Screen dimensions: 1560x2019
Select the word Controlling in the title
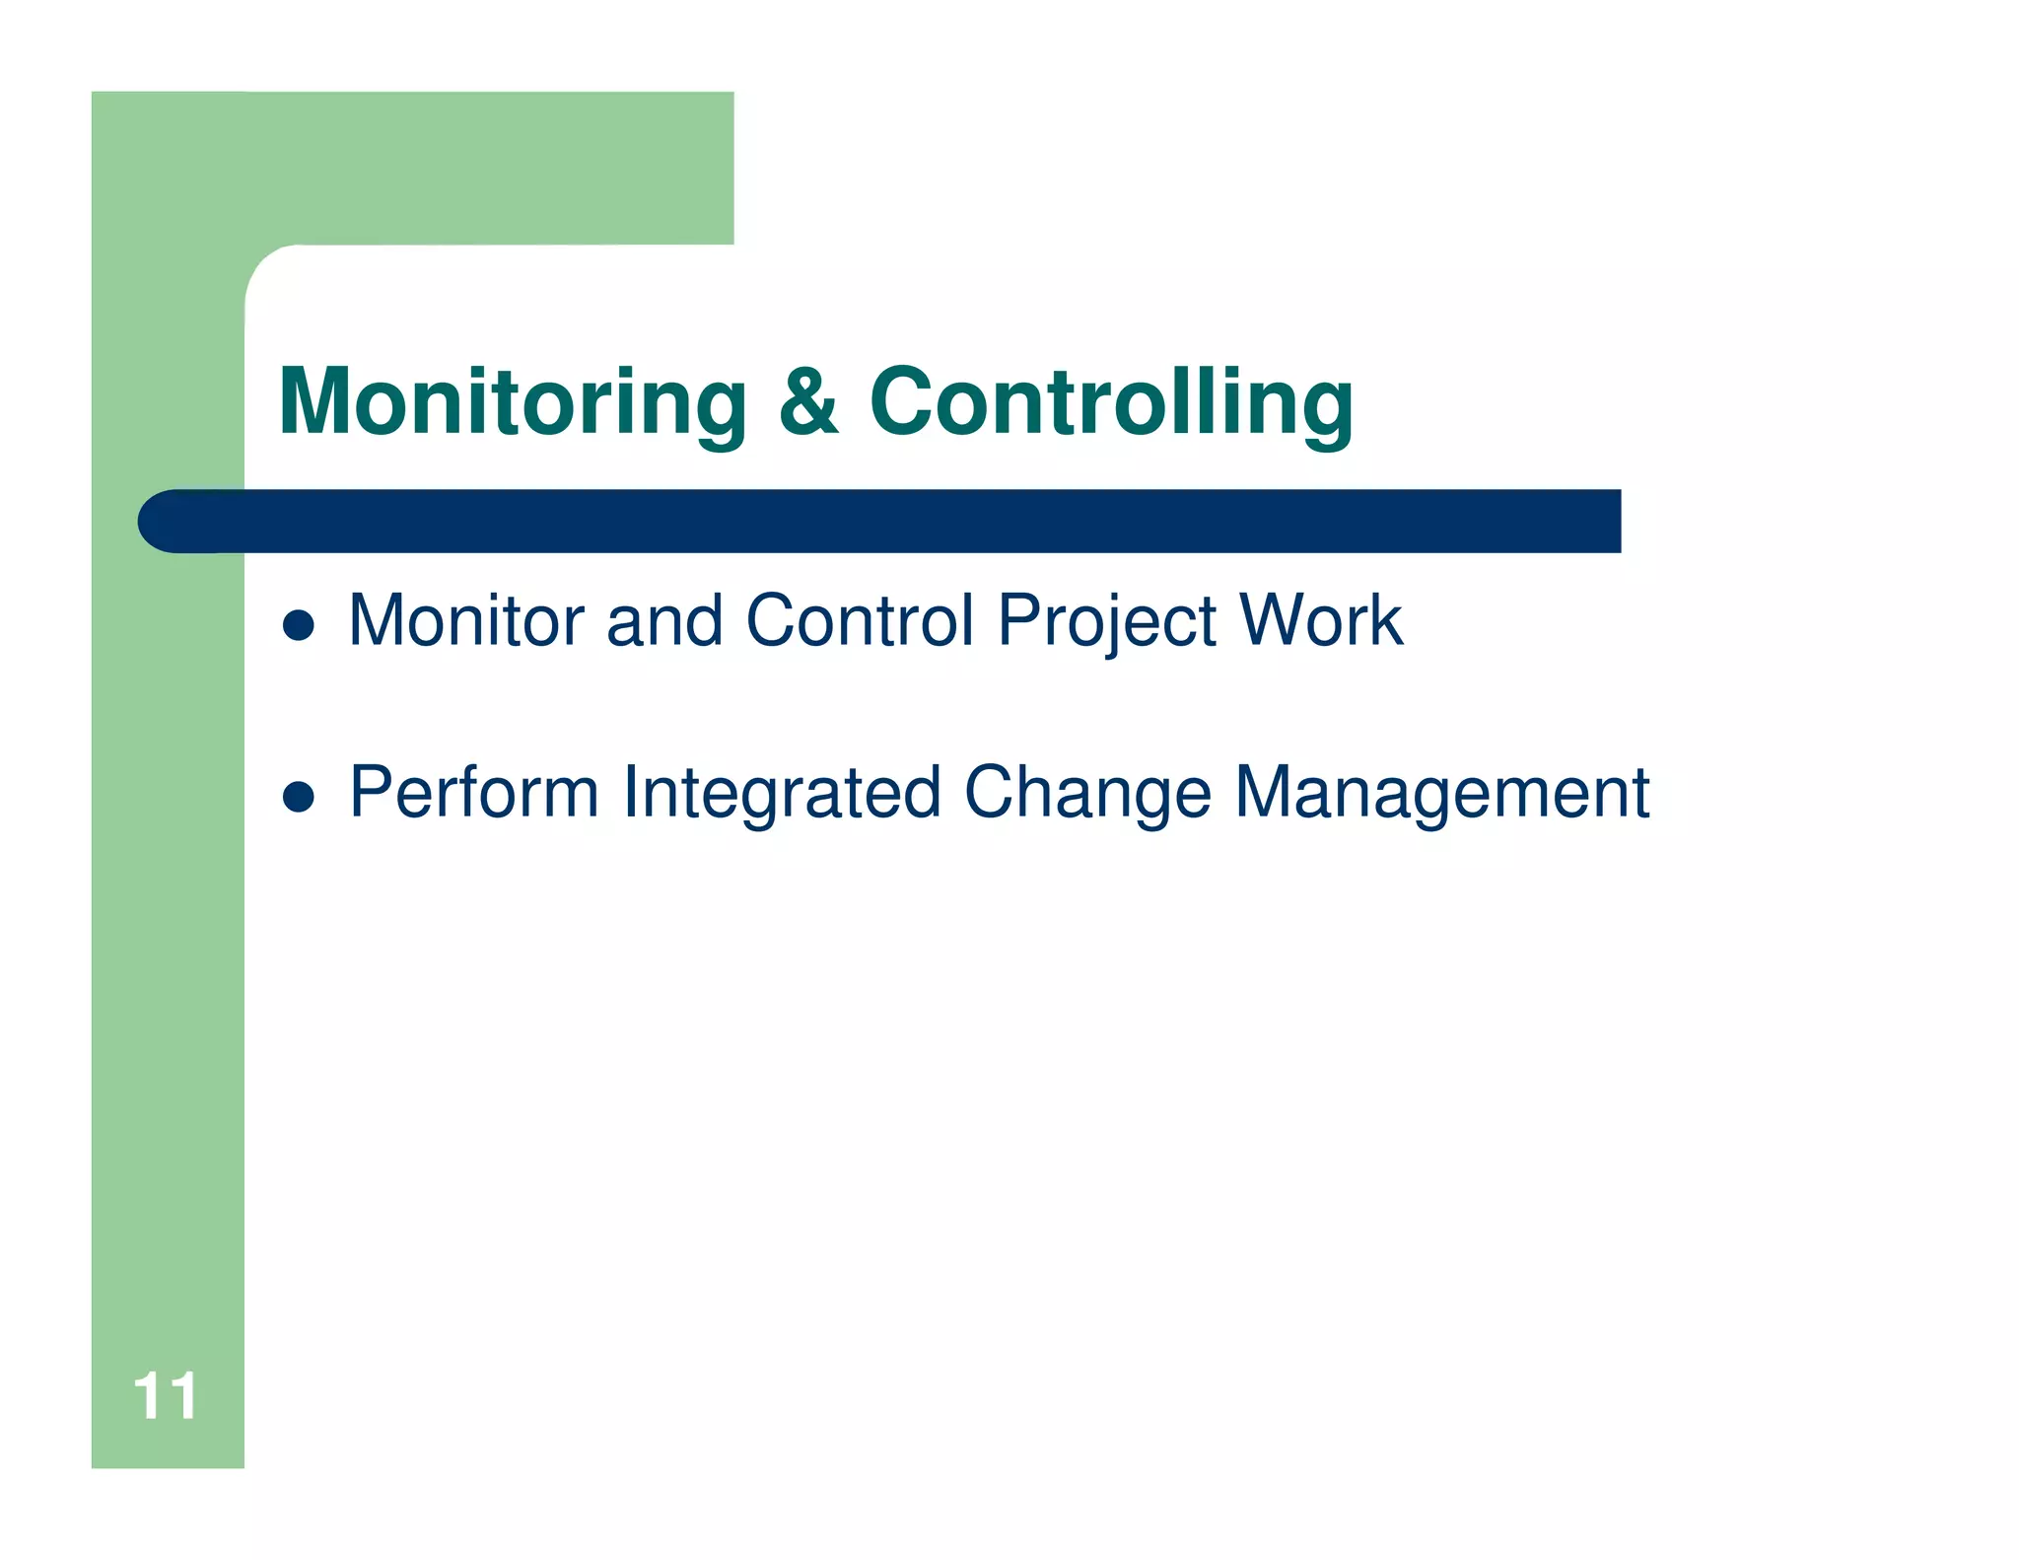click(1111, 402)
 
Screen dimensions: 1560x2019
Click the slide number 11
click(165, 1396)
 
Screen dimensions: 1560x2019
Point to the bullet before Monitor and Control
click(298, 624)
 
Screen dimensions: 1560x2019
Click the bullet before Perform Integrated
click(298, 796)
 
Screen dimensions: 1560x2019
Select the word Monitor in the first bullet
click(467, 621)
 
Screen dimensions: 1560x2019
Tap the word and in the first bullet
click(664, 621)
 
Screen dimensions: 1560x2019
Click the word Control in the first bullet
click(860, 621)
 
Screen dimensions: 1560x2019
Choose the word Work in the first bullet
click(1321, 621)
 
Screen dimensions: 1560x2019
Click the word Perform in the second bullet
click(474, 793)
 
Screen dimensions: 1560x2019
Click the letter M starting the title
click(315, 402)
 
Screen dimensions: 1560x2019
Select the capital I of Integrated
click(632, 793)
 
